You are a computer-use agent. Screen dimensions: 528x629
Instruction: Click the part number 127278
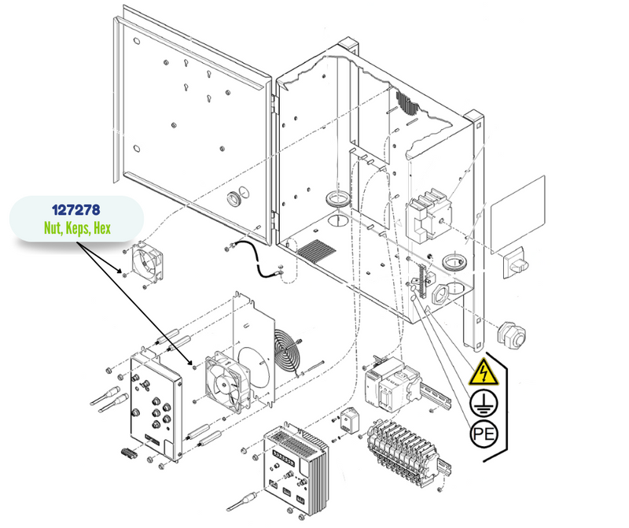[x=77, y=211]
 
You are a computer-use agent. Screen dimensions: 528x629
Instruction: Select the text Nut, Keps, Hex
[x=77, y=230]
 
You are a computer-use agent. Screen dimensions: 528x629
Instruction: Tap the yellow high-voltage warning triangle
[x=482, y=371]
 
